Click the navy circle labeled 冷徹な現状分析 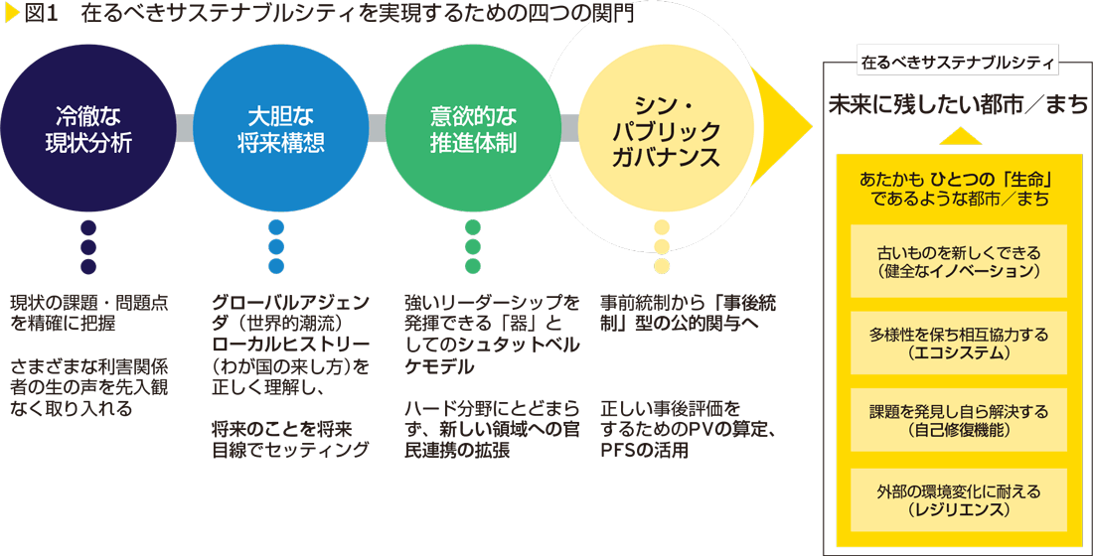coord(88,129)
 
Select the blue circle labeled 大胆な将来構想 coord(280,129)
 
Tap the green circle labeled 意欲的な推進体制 coord(473,129)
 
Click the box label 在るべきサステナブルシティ coord(957,62)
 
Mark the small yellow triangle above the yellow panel coord(958,137)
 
